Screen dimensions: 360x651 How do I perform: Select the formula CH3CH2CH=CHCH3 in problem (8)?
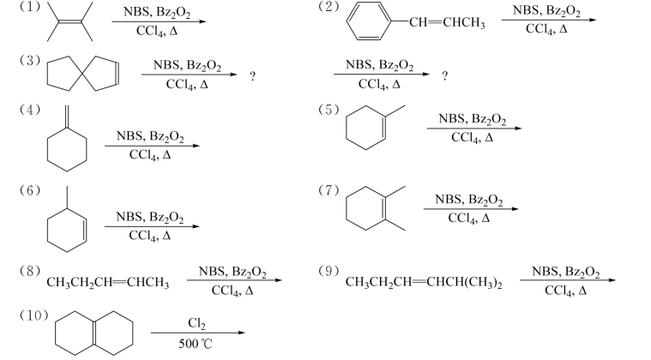pyautogui.click(x=108, y=282)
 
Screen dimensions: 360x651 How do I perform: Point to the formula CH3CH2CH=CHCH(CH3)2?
pyautogui.click(x=425, y=282)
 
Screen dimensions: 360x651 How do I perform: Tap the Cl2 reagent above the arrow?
pyautogui.click(x=196, y=322)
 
